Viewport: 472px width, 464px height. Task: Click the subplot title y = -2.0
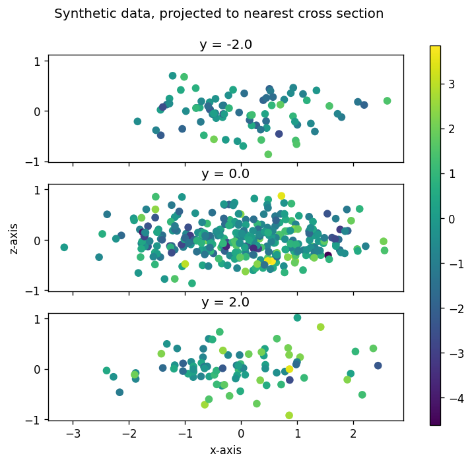(x=225, y=45)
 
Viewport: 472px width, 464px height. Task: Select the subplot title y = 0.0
(x=225, y=174)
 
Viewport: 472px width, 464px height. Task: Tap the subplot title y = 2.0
(x=225, y=303)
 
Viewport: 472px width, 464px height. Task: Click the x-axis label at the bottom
(x=225, y=451)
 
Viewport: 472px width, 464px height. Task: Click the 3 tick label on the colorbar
(x=450, y=84)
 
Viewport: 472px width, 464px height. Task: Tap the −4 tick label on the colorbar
(x=452, y=398)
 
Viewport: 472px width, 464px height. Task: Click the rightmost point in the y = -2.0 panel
(x=388, y=101)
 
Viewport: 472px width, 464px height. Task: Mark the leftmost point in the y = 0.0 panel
(x=64, y=247)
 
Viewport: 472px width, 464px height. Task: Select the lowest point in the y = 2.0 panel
(x=289, y=415)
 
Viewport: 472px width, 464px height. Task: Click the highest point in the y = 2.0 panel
(x=297, y=318)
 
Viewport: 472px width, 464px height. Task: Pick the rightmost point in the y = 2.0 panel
(x=378, y=365)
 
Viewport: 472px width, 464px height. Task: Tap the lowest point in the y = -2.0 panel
(x=268, y=154)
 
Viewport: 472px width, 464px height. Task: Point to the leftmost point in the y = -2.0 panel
(x=137, y=121)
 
